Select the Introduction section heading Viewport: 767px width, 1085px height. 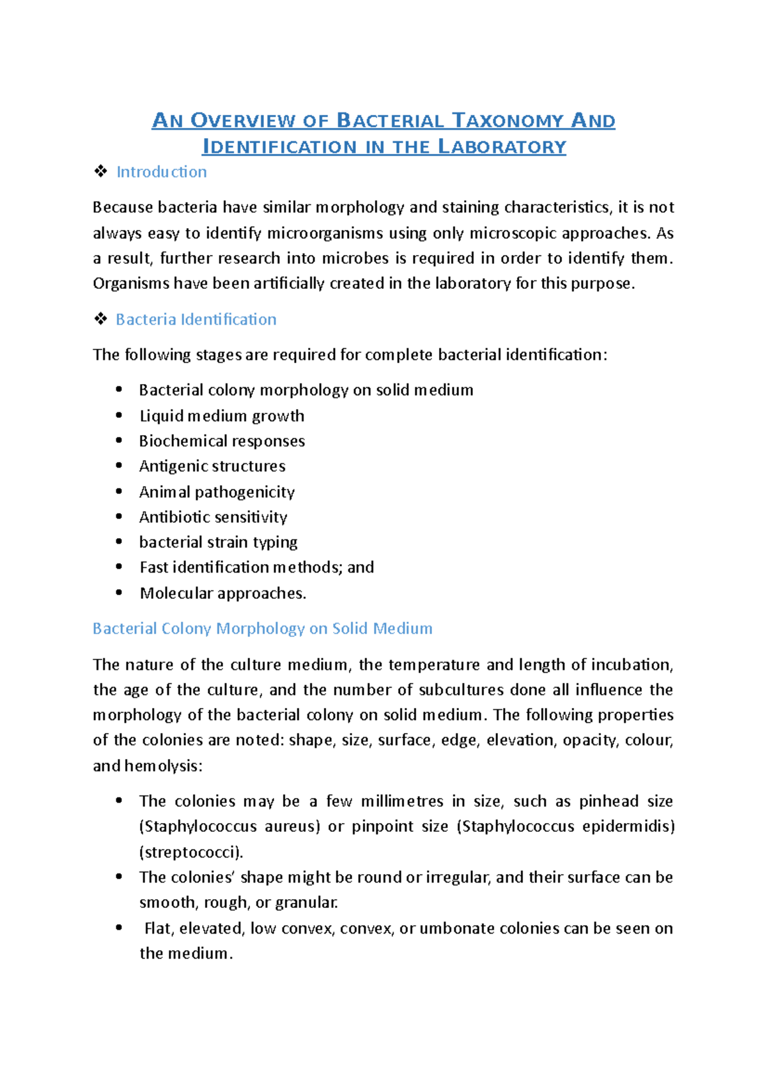[161, 172]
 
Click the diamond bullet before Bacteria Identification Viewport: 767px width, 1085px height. [100, 319]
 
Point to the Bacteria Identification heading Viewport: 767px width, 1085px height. [196, 319]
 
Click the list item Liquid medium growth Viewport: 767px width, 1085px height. [221, 416]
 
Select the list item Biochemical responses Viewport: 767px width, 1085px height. [221, 441]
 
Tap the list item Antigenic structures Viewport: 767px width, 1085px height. [212, 466]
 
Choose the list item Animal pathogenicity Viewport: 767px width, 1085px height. [217, 492]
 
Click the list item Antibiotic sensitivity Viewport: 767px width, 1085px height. [213, 517]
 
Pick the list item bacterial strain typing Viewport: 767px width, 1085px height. [218, 542]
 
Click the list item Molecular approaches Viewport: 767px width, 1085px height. [222, 594]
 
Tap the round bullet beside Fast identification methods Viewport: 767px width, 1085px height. [119, 567]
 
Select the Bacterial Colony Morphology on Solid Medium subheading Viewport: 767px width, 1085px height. [262, 629]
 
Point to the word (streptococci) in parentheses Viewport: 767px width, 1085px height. [191, 852]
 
